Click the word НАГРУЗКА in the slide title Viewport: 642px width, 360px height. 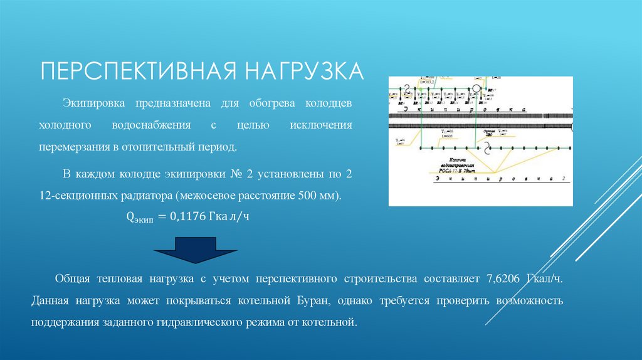303,70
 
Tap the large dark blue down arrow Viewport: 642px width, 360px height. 196,250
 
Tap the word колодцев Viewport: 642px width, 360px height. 329,102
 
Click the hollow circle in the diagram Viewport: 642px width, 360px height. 477,88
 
